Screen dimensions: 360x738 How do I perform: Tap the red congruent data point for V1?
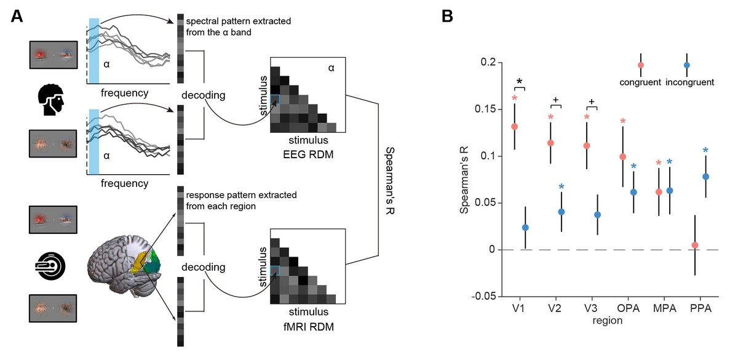pos(514,127)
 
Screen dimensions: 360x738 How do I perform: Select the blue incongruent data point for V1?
pos(525,228)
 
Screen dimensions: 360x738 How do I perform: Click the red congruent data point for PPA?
pos(695,245)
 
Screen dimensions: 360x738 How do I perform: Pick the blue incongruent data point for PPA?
pos(706,177)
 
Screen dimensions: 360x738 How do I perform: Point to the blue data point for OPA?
pos(633,192)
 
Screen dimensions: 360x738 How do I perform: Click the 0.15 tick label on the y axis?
pos(483,110)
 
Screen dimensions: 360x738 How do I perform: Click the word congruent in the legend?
pos(640,82)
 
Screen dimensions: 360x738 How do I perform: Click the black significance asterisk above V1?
pos(520,82)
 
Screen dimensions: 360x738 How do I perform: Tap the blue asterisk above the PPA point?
pos(706,151)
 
